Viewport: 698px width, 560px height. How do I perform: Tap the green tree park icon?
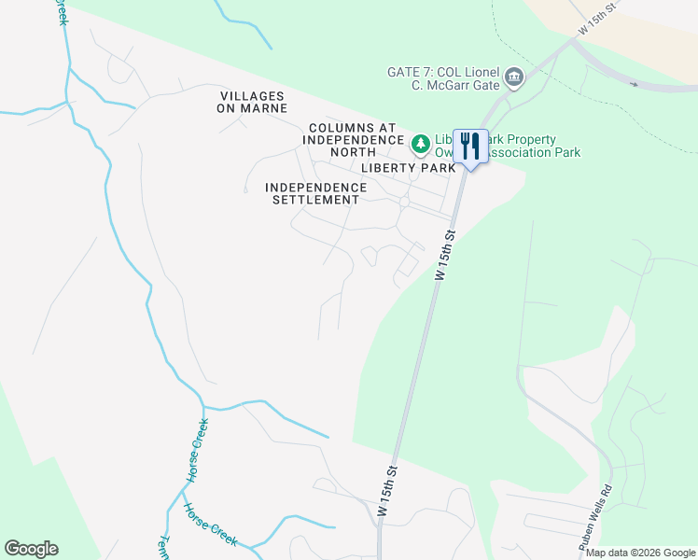tap(421, 144)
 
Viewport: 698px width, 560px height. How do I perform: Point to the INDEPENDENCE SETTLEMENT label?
tap(312, 193)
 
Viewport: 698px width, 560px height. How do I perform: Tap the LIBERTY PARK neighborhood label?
tap(409, 168)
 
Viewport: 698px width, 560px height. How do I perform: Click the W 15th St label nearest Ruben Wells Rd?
tap(388, 491)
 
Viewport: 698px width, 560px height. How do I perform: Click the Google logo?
tap(31, 548)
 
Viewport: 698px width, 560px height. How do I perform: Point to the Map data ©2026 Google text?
tap(640, 553)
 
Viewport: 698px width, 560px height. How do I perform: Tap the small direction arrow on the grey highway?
tap(635, 85)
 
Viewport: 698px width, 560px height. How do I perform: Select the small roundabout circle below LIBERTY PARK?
tap(404, 202)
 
